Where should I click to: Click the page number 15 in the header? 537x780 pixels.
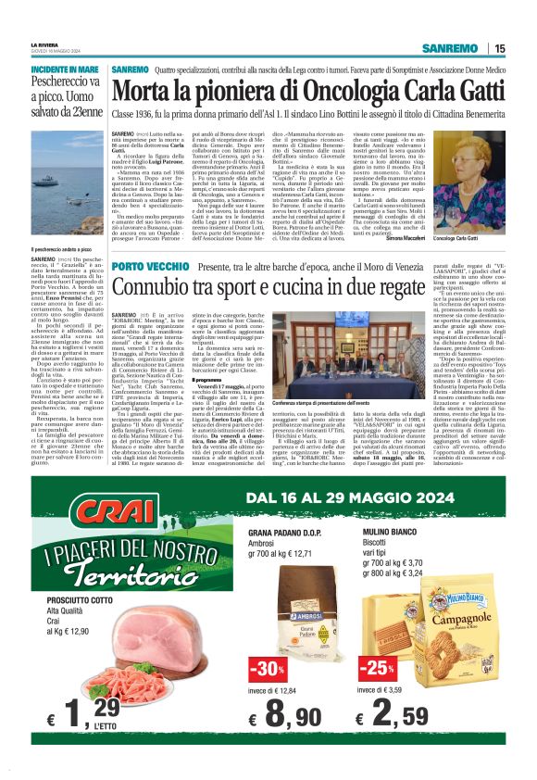[500, 48]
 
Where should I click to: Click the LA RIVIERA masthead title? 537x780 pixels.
[44, 44]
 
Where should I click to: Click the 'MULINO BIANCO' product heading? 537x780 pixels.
[390, 535]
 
